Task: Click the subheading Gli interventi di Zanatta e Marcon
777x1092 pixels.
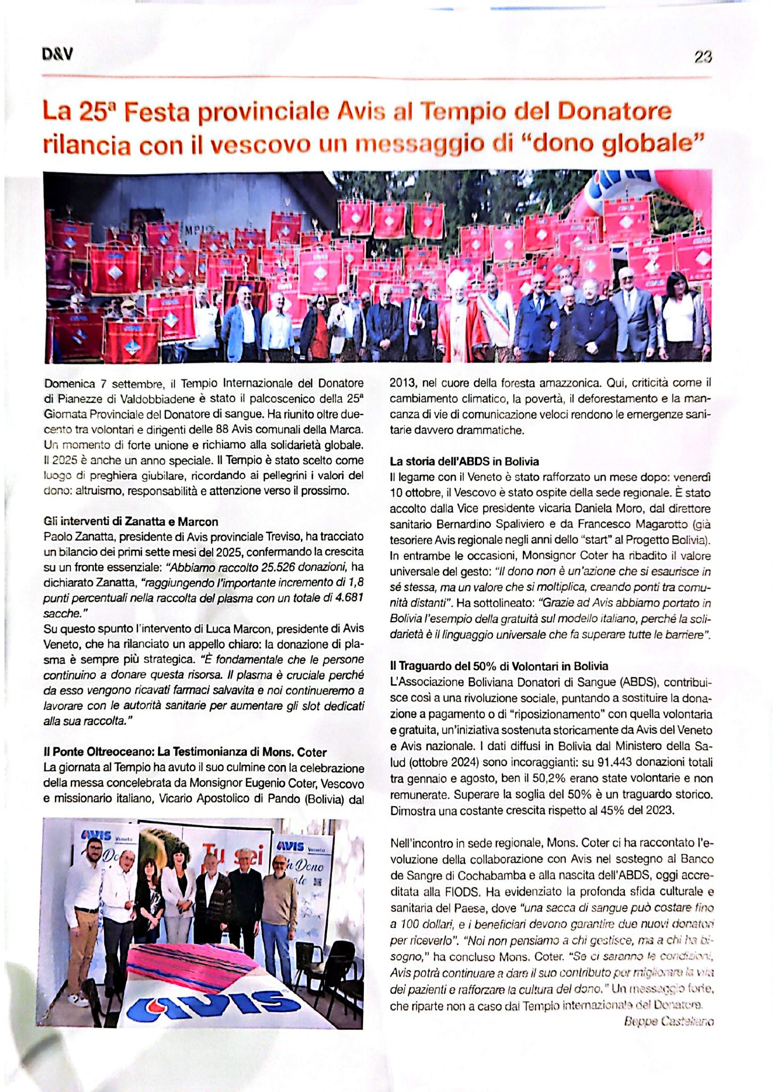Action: pos(130,521)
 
